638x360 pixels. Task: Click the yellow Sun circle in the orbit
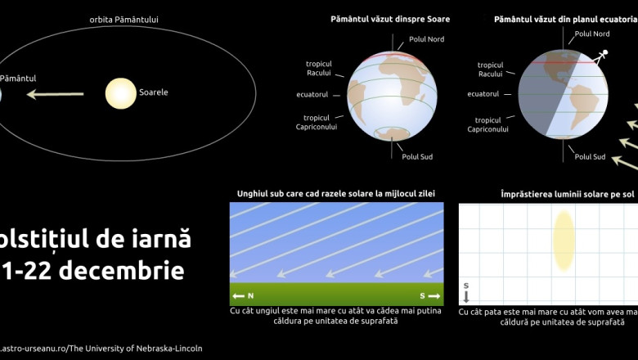pyautogui.click(x=120, y=93)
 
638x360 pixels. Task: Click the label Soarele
pyautogui.click(x=153, y=92)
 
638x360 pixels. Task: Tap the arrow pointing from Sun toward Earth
pyautogui.click(x=55, y=94)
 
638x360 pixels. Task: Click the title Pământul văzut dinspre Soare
pyautogui.click(x=390, y=19)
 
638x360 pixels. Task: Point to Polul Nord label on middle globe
pyautogui.click(x=425, y=39)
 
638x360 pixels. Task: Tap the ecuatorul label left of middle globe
pyautogui.click(x=312, y=94)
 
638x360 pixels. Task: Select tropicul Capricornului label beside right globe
pyautogui.click(x=488, y=124)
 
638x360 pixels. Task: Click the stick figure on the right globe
pyautogui.click(x=603, y=56)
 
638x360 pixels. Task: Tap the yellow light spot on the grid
pyautogui.click(x=563, y=240)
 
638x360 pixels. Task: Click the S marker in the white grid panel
pyautogui.click(x=466, y=291)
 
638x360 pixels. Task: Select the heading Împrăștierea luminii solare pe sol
pyautogui.click(x=567, y=194)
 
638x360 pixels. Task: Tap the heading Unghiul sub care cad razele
pyautogui.click(x=335, y=194)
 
